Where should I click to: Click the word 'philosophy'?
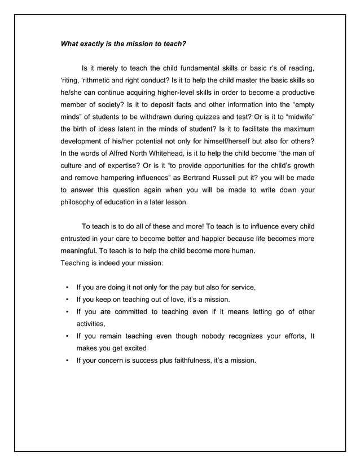(x=80, y=202)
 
